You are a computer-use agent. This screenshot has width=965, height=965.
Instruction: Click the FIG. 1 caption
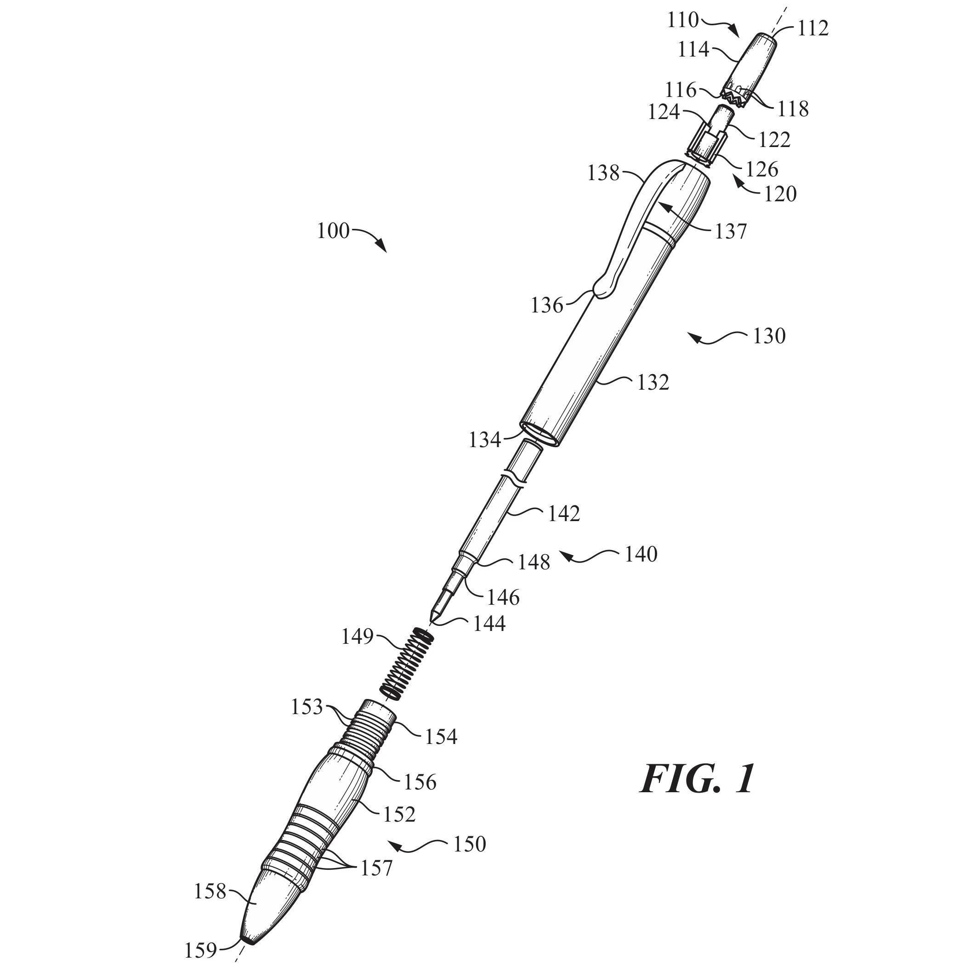coord(697,779)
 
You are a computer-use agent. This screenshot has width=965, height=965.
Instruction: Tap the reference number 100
coord(333,231)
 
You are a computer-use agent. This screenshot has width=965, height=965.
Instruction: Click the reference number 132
coord(653,383)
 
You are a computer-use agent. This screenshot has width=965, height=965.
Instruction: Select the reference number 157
coord(377,868)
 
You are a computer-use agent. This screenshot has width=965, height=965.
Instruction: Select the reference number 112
coord(812,28)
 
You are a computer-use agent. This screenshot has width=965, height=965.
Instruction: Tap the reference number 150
coord(470,844)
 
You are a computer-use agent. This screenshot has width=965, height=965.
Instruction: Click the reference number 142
coord(564,514)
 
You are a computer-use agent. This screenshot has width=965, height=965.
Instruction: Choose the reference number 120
coord(780,194)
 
